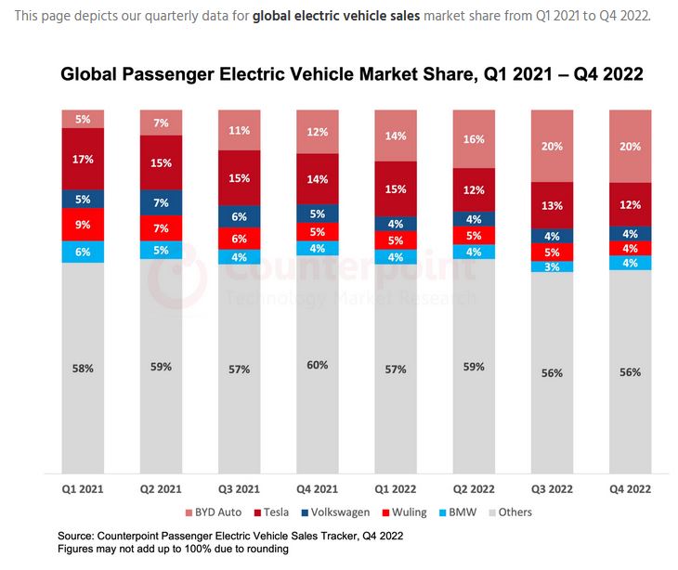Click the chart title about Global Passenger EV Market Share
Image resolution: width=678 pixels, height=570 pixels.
352,74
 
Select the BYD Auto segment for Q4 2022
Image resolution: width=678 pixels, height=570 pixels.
630,146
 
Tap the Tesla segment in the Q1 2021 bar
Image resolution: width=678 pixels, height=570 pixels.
84,159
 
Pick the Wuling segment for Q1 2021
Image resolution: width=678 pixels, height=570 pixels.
84,224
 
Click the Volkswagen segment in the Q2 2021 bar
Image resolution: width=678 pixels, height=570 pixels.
162,202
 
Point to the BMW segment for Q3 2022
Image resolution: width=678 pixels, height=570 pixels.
552,266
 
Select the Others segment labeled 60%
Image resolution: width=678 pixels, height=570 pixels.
318,365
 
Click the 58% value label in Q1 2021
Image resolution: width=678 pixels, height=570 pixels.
84,368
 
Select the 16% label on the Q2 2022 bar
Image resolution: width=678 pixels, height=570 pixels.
474,138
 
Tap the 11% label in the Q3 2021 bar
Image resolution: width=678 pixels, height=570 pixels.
240,130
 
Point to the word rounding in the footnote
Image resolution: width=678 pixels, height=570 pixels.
265,549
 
